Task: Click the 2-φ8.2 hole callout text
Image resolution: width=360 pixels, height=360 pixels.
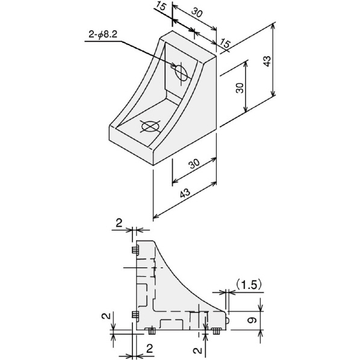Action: (103, 35)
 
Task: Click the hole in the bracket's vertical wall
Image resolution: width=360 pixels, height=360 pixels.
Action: (181, 72)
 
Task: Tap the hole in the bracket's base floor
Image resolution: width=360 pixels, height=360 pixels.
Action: (150, 126)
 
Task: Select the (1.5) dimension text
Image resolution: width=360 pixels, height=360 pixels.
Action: (249, 285)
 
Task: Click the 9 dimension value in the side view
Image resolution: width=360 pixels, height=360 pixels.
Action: (252, 320)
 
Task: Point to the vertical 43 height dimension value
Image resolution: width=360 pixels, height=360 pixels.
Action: (267, 61)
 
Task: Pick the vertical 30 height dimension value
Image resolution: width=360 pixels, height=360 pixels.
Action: (240, 88)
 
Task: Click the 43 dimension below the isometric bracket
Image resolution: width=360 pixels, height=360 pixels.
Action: (185, 193)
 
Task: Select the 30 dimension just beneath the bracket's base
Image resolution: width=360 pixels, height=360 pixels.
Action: (194, 164)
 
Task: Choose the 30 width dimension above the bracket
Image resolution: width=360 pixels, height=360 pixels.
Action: (197, 13)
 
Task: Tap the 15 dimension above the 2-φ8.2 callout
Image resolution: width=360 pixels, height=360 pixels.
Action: (161, 6)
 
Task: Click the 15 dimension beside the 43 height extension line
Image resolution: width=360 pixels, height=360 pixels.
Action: (225, 43)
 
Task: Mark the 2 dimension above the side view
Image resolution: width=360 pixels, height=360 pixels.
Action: (119, 223)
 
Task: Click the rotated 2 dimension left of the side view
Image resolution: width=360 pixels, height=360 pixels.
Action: (105, 316)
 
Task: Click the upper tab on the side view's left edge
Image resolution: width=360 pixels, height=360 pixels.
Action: (135, 250)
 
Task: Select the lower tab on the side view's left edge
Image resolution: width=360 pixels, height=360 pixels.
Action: (135, 314)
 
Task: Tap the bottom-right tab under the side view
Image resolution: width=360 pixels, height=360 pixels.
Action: (216, 331)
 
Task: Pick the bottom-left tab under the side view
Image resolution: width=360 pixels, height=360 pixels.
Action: (152, 331)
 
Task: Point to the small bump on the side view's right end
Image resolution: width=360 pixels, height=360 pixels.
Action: (228, 321)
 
